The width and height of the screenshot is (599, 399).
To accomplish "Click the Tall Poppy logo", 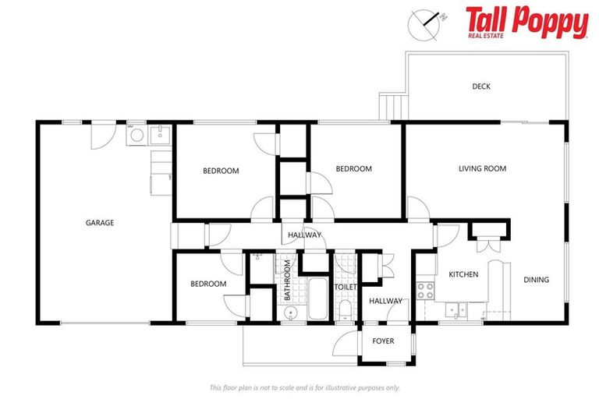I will click(526, 22).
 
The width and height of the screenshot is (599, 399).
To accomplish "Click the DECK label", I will click(481, 87).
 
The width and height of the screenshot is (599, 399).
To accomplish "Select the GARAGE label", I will click(100, 223).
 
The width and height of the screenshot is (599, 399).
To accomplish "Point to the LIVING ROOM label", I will click(482, 168).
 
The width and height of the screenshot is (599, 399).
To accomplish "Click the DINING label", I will click(536, 280).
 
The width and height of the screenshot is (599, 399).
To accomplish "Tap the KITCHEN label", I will click(463, 274).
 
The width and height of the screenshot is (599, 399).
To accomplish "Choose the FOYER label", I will click(383, 341).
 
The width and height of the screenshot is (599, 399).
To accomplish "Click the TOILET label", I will click(346, 287).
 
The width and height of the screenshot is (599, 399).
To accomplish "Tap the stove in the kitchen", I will click(426, 291).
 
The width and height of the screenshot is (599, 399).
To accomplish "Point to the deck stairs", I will click(392, 105).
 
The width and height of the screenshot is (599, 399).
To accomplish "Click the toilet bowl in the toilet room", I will click(345, 311).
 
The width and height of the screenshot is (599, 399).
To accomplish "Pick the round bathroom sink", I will click(289, 313).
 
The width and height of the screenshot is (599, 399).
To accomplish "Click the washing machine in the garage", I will click(136, 135).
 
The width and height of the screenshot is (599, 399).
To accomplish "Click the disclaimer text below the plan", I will click(305, 387).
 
